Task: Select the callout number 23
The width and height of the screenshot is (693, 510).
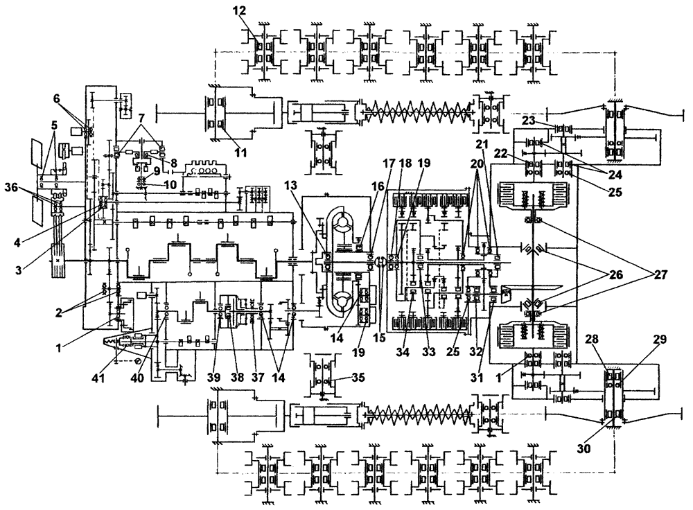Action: pyautogui.click(x=529, y=120)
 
